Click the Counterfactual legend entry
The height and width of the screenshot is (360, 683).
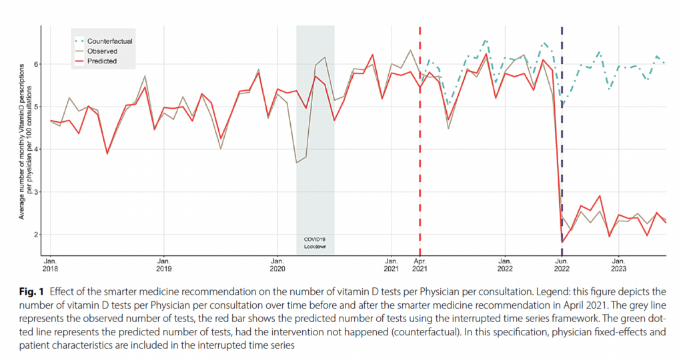pyautogui.click(x=109, y=41)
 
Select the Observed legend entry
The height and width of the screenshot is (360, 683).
pyautogui.click(x=101, y=51)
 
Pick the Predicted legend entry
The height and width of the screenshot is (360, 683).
pyautogui.click(x=101, y=61)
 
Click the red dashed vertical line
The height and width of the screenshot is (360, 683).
pyautogui.click(x=420, y=133)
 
